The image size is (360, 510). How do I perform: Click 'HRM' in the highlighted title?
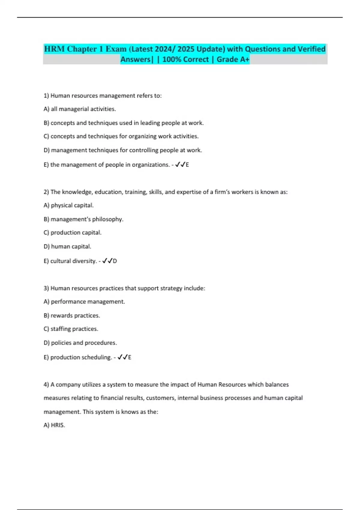[54, 49]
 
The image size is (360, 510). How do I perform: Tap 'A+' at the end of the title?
[245, 59]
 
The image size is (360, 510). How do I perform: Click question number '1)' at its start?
[46, 96]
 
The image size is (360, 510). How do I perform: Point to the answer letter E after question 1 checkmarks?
[187, 165]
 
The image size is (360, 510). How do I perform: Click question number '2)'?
[46, 192]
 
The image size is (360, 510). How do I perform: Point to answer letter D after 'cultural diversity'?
[115, 261]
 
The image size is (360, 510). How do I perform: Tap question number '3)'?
[46, 288]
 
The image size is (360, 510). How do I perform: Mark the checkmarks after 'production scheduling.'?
[122, 357]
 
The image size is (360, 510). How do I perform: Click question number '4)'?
[46, 385]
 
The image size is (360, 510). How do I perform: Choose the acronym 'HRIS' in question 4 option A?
[57, 425]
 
